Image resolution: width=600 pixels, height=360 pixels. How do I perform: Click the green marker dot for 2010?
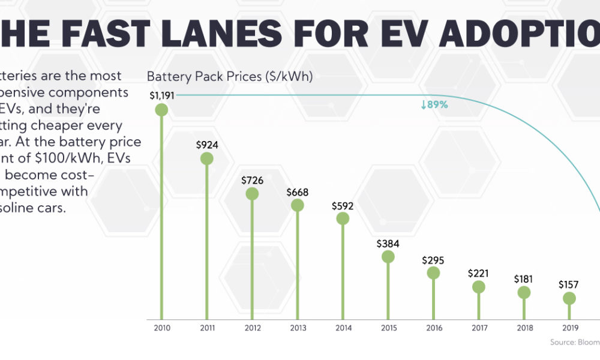tap(161, 109)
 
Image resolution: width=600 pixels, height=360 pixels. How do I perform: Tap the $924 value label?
tap(207, 145)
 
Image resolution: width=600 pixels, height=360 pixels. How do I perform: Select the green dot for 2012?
tap(252, 194)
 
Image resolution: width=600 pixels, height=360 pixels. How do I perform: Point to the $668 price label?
tap(298, 191)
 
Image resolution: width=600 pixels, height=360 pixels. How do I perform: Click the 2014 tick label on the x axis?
tap(343, 328)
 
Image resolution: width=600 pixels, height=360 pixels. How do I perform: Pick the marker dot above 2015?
tap(388, 257)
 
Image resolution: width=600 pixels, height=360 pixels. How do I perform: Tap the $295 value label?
tap(433, 260)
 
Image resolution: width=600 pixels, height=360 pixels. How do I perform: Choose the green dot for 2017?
tap(479, 287)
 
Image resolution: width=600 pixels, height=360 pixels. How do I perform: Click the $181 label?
tap(524, 279)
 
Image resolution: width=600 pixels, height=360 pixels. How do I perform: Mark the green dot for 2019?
tap(569, 298)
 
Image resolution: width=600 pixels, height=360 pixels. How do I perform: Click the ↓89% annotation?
tap(434, 104)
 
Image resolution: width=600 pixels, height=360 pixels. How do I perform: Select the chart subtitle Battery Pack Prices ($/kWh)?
tap(230, 77)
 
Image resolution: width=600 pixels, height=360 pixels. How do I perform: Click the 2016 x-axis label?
tap(433, 328)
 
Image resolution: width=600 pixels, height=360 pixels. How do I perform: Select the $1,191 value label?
tap(162, 95)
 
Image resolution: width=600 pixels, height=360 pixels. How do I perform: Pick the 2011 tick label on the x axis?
tap(207, 328)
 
